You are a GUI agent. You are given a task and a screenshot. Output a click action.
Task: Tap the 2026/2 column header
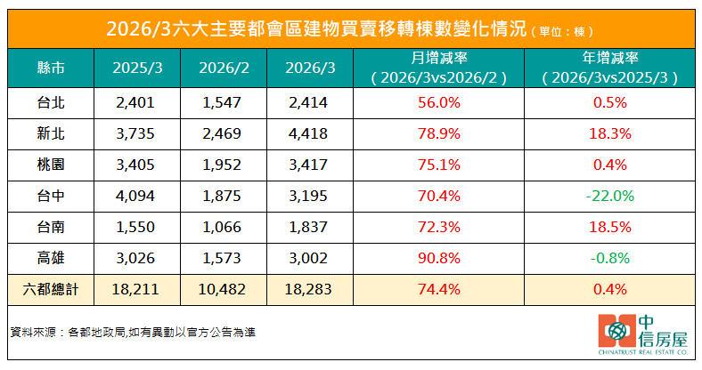[x=223, y=67]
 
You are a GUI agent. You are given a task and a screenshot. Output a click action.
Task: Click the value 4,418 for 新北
[x=309, y=133]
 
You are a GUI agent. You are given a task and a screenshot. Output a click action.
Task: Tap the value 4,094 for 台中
[x=135, y=196]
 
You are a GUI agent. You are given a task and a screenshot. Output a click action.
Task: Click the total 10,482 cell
[x=223, y=289]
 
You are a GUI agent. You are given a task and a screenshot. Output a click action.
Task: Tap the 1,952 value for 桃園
[x=223, y=165]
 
